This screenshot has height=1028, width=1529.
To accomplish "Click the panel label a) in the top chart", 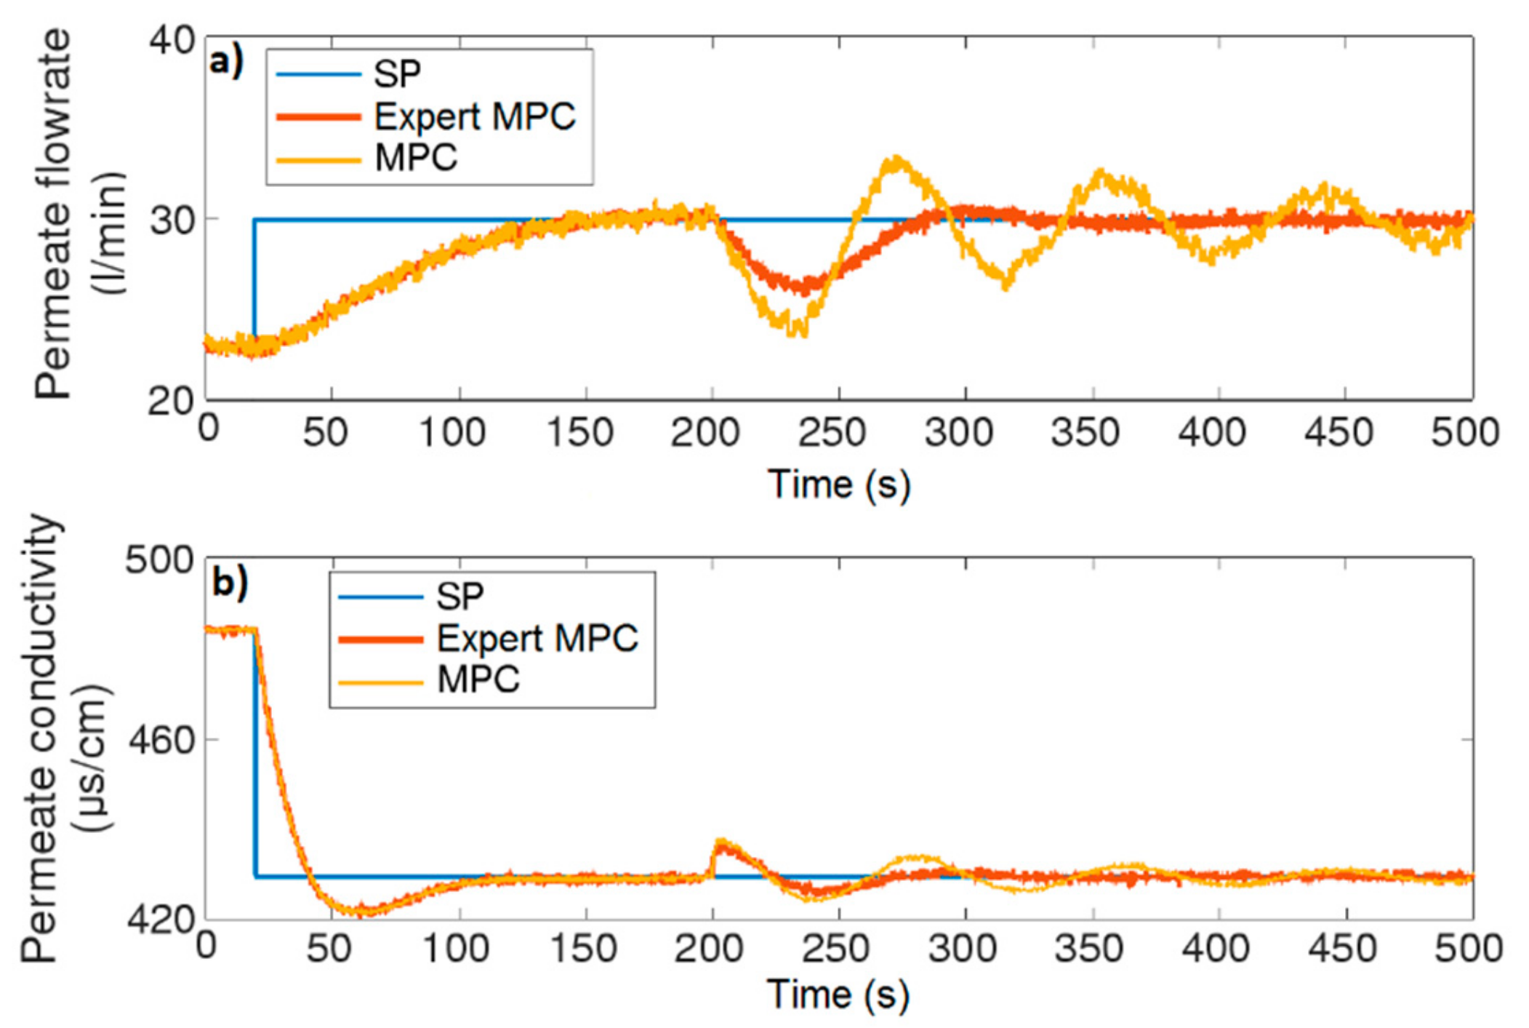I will click(225, 62).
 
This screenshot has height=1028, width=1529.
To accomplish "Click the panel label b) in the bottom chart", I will click(230, 583).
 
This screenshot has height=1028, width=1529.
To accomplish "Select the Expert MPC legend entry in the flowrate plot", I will click(474, 116).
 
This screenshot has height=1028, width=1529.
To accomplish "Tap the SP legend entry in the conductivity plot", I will click(459, 597).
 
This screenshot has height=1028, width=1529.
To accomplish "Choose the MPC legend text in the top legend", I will click(416, 158).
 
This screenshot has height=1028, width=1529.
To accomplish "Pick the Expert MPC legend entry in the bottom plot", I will click(537, 639).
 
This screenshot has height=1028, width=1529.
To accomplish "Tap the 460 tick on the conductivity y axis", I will click(161, 741).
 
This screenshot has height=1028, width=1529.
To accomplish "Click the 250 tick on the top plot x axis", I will click(832, 433).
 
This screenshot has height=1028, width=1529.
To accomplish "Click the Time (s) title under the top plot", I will click(839, 485).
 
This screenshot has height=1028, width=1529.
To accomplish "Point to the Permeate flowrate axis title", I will click(79, 215).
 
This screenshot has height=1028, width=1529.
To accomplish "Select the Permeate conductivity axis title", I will click(65, 738).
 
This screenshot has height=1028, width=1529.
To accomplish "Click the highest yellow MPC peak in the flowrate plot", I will click(898, 159).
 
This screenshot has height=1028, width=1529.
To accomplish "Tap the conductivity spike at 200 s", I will click(721, 842).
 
